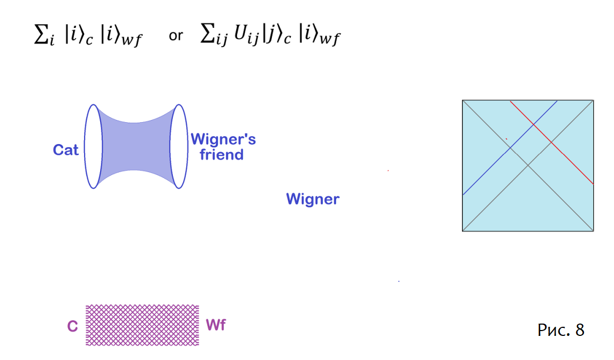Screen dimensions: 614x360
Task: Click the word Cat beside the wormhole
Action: click(x=65, y=150)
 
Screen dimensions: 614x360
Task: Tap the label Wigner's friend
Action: click(x=223, y=147)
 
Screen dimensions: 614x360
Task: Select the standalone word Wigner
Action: click(x=313, y=199)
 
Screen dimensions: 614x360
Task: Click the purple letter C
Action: click(x=72, y=326)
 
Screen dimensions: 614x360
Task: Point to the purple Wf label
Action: click(x=216, y=325)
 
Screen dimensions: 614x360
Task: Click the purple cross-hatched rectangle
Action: click(x=142, y=325)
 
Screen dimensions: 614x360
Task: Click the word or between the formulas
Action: click(x=176, y=36)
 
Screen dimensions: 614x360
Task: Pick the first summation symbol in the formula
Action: click(x=41, y=34)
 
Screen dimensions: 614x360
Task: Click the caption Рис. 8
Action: click(x=561, y=330)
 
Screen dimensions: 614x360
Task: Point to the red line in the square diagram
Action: click(x=552, y=142)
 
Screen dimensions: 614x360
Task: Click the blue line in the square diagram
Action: click(x=510, y=148)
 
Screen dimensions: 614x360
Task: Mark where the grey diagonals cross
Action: click(x=528, y=166)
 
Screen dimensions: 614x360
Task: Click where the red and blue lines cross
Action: click(x=533, y=125)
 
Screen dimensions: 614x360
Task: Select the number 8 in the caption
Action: click(x=580, y=330)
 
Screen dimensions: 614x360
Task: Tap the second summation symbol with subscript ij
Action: click(x=208, y=33)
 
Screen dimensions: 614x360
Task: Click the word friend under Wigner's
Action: click(x=222, y=155)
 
